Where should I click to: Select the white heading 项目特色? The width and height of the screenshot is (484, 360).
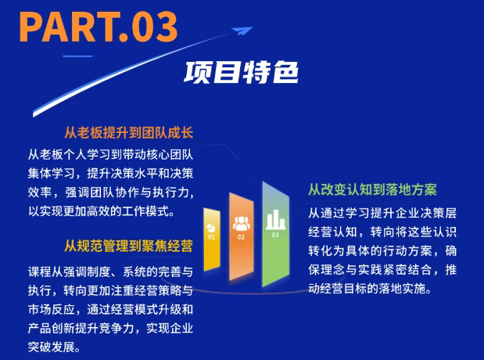pos(242,73)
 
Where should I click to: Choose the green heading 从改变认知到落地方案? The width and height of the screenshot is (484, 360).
pos(372,190)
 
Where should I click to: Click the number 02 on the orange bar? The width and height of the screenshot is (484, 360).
pos(242,236)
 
